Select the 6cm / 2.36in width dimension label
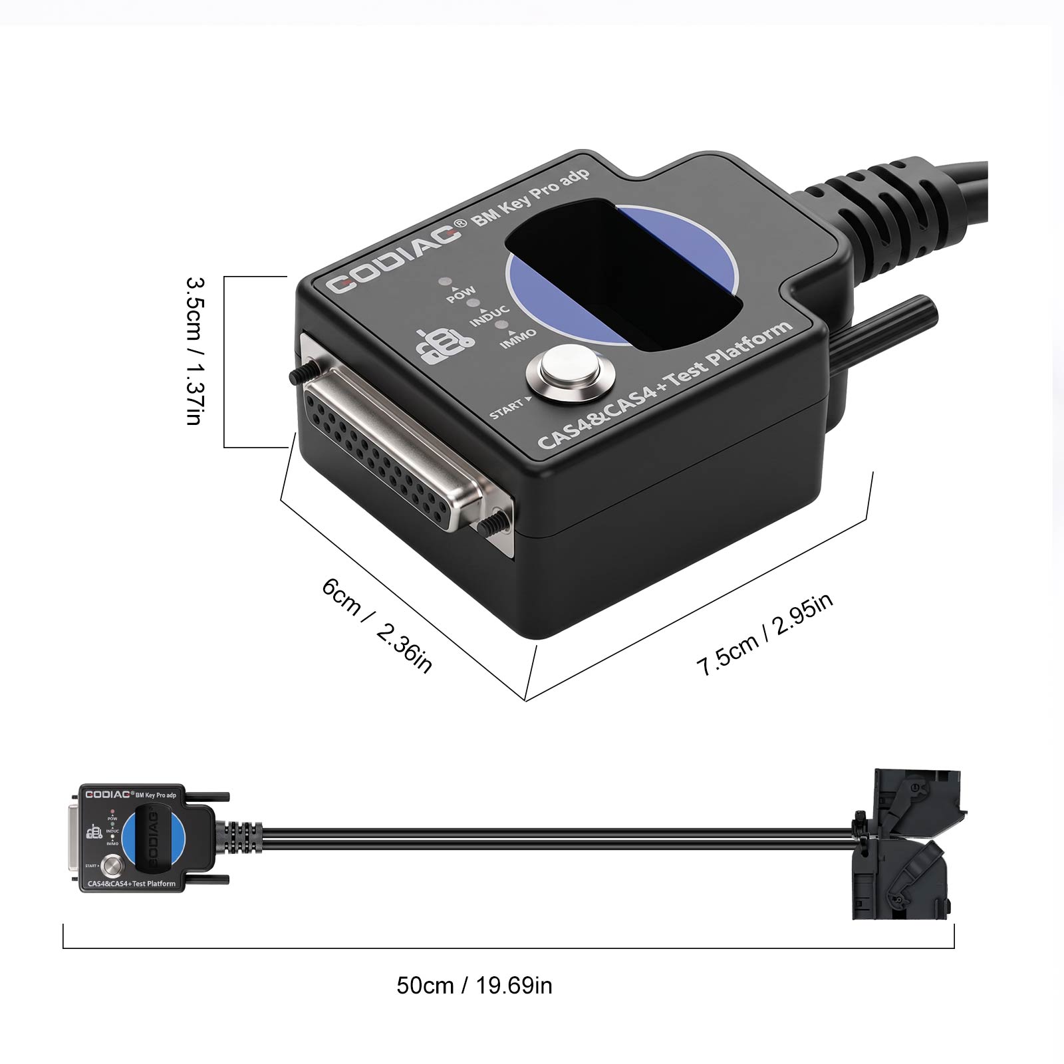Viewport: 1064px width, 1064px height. [x=377, y=626]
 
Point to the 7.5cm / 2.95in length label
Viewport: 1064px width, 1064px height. [x=765, y=634]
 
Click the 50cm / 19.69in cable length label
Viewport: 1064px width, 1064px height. [x=474, y=985]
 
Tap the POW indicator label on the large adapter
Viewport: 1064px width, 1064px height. [x=460, y=293]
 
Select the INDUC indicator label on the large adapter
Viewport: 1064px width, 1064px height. [x=489, y=316]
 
